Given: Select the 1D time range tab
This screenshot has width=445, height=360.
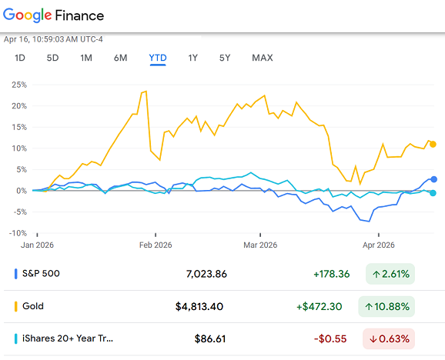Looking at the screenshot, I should (20, 58).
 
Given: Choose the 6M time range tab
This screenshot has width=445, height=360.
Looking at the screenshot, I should (120, 58).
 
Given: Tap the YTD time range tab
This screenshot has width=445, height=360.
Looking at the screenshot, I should (158, 58).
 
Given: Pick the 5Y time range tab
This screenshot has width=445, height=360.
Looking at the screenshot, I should (225, 58).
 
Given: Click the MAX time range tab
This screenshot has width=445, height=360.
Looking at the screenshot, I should (262, 58).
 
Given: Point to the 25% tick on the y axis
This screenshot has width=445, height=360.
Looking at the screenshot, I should (18, 85).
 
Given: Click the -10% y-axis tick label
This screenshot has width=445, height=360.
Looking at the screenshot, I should (17, 233).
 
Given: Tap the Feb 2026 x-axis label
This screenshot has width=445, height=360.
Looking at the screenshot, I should (156, 245).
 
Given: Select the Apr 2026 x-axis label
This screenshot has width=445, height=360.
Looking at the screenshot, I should (377, 245).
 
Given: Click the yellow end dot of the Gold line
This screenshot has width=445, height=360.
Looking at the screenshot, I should (433, 144).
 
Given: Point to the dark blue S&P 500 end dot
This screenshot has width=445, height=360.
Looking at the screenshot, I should (434, 179).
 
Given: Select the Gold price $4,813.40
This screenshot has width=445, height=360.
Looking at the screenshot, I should (199, 306).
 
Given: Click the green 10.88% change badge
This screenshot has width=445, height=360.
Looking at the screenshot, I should (386, 306).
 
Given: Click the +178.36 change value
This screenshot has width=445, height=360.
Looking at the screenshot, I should (332, 273).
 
